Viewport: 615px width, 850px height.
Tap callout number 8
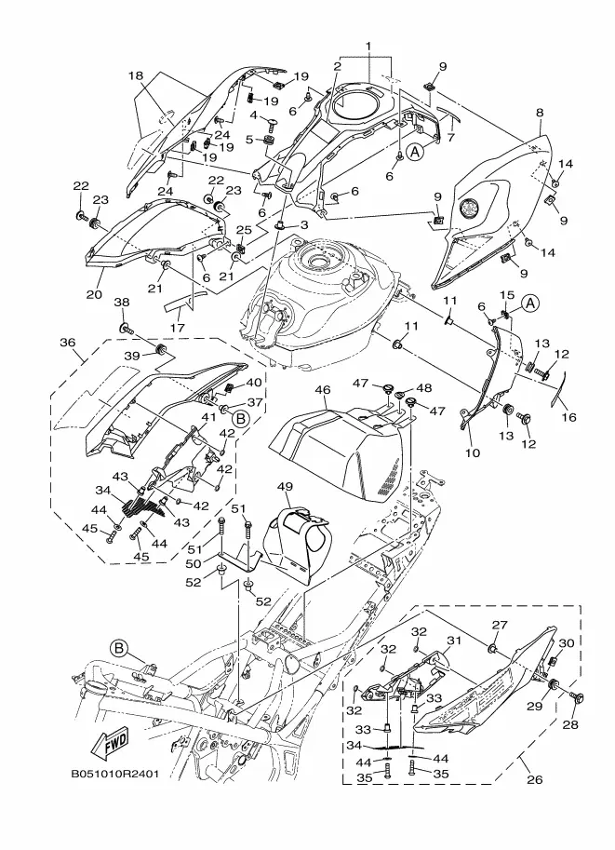click(x=540, y=113)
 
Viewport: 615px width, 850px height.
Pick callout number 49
click(x=284, y=487)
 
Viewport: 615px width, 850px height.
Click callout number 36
click(x=68, y=343)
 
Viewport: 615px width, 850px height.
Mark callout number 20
click(x=93, y=294)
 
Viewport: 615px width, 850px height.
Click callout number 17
click(x=177, y=328)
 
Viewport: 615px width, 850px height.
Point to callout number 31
click(x=453, y=641)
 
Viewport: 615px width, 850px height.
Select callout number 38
click(x=122, y=302)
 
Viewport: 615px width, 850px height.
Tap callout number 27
click(x=499, y=624)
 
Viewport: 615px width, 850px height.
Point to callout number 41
click(x=196, y=418)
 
